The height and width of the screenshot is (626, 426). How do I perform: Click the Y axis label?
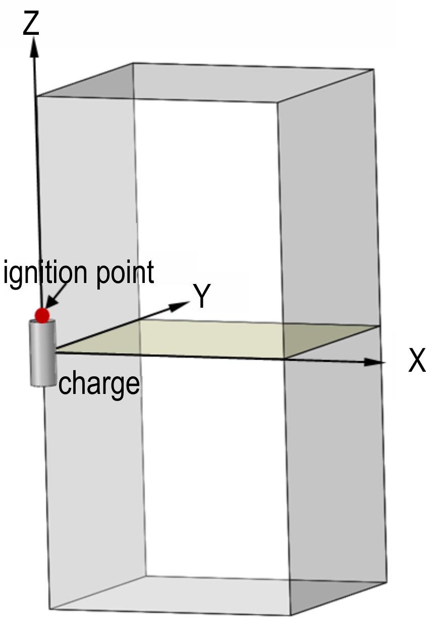point(201,296)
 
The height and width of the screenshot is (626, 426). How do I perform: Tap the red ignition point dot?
point(42,316)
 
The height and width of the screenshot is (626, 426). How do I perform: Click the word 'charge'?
point(99,383)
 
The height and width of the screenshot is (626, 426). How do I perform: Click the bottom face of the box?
point(217,595)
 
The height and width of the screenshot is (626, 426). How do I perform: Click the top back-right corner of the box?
point(373,69)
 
